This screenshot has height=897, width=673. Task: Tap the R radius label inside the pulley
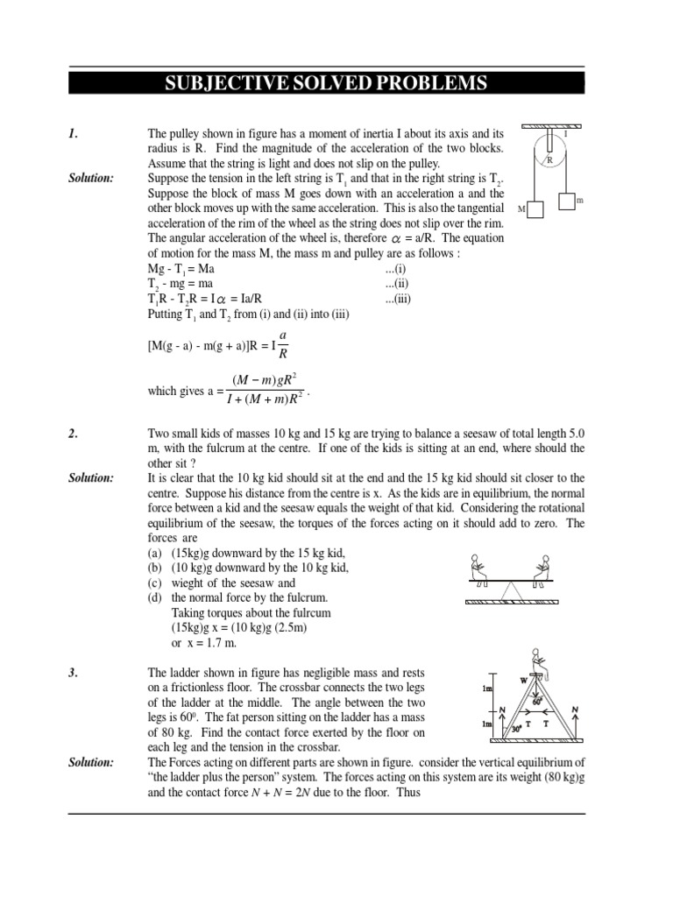click(549, 160)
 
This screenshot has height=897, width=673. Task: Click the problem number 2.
click(74, 434)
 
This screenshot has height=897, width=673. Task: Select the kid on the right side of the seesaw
click(544, 567)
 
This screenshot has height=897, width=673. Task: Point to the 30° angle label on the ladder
click(517, 726)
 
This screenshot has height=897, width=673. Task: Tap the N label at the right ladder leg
click(574, 708)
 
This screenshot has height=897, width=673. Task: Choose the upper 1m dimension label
click(487, 689)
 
